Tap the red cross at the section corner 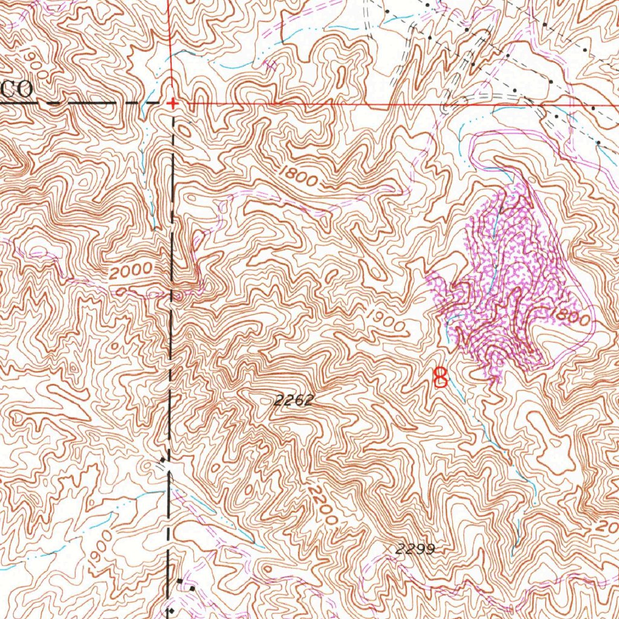(173, 103)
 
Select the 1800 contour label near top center (299, 177)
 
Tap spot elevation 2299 (415, 549)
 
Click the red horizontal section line (393, 105)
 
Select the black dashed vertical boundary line (170, 363)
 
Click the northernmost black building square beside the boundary (164, 462)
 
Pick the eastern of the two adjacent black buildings (192, 587)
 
